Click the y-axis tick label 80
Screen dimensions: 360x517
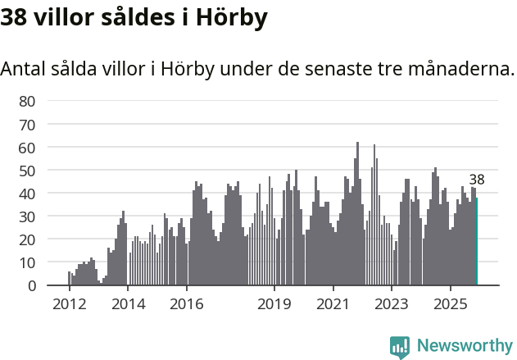click(x=27, y=102)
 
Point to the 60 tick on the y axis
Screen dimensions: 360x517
click(x=27, y=148)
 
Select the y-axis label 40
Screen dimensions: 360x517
click(x=27, y=194)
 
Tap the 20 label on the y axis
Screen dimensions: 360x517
click(x=27, y=239)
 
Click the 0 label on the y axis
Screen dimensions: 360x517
click(x=31, y=285)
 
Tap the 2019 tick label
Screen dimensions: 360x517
click(x=274, y=303)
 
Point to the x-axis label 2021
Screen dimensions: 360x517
click(x=333, y=303)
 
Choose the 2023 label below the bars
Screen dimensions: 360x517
click(x=392, y=303)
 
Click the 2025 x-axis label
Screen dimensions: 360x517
click(x=451, y=303)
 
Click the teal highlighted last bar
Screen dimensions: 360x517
click(x=476, y=242)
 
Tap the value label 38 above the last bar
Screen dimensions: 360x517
click(x=477, y=180)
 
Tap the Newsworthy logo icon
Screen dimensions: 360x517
click(x=399, y=346)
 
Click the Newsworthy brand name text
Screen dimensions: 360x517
click(x=464, y=346)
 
